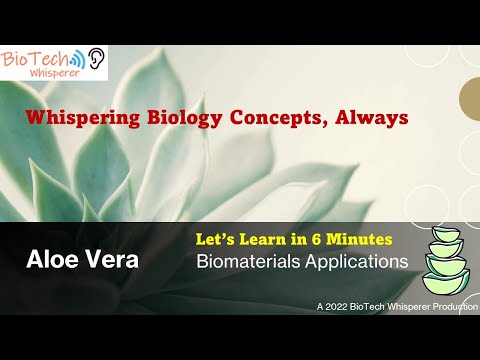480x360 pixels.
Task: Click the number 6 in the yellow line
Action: click(x=320, y=241)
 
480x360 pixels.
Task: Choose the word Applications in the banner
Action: click(x=354, y=263)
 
